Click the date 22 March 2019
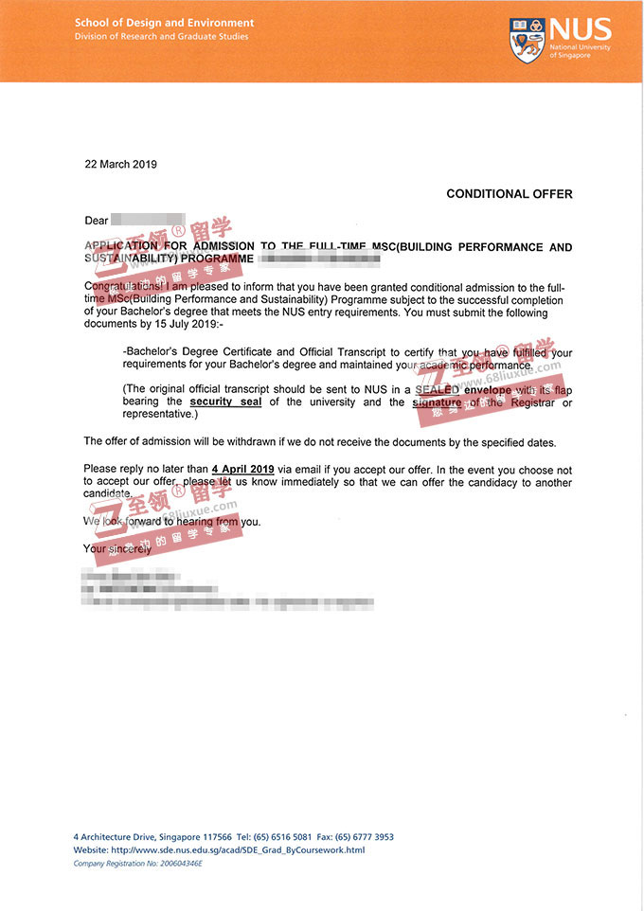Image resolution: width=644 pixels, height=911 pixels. pyautogui.click(x=120, y=164)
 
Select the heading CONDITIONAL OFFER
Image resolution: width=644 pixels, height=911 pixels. pyautogui.click(x=510, y=194)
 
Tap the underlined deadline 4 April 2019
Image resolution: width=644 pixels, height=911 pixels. pyautogui.click(x=243, y=470)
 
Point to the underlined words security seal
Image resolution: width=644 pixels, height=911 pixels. pyautogui.click(x=224, y=402)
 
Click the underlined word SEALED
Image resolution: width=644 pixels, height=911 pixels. pyautogui.click(x=437, y=390)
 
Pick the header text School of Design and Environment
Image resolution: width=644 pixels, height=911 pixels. pyautogui.click(x=165, y=23)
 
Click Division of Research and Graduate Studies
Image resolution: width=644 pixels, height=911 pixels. pyautogui.click(x=162, y=37)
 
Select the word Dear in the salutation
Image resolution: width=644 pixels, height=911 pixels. pyautogui.click(x=97, y=221)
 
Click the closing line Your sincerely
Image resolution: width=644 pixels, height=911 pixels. pyautogui.click(x=117, y=548)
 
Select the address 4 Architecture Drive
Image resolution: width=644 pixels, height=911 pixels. pyautogui.click(x=117, y=837)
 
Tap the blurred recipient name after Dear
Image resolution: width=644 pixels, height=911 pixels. pyautogui.click(x=147, y=221)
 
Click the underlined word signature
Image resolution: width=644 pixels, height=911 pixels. pyautogui.click(x=437, y=402)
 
